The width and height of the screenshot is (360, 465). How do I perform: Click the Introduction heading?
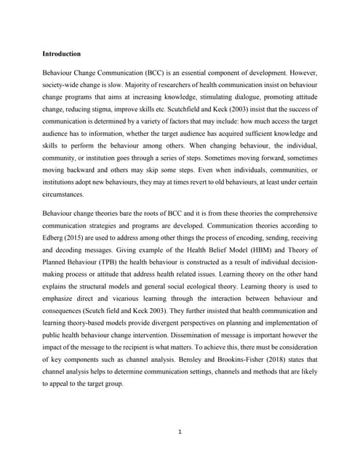(61, 54)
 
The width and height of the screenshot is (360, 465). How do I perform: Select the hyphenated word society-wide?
(65, 87)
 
